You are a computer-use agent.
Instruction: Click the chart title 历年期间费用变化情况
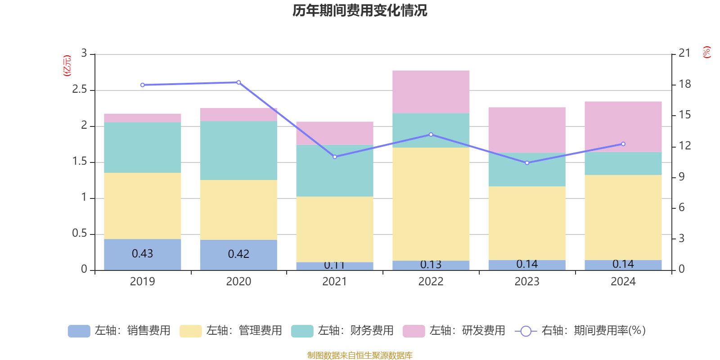coord(360,10)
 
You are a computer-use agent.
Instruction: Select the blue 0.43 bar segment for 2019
coord(142,254)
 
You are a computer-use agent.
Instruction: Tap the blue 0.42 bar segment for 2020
coord(238,255)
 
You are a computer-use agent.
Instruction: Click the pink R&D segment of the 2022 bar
coord(431,91)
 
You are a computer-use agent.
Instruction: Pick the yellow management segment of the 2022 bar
coord(431,204)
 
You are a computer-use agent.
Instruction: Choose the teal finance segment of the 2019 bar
coord(142,147)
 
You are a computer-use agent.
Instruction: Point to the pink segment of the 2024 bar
coord(623,126)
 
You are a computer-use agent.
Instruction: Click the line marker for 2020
coord(238,82)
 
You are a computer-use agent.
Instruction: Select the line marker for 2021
coord(335,157)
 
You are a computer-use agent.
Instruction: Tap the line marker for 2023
coord(527,162)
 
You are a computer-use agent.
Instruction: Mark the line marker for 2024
coord(623,144)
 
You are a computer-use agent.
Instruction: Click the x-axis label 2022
coord(431,282)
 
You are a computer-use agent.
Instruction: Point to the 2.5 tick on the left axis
coord(80,90)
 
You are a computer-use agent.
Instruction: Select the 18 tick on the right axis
coord(685,84)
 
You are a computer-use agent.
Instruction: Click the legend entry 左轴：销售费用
coord(119,331)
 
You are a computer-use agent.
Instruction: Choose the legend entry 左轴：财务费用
coord(342,331)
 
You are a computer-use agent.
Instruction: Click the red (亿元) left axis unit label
coord(67,66)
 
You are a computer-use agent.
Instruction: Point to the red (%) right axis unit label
coord(706,52)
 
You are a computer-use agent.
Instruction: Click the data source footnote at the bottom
coord(360,355)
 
